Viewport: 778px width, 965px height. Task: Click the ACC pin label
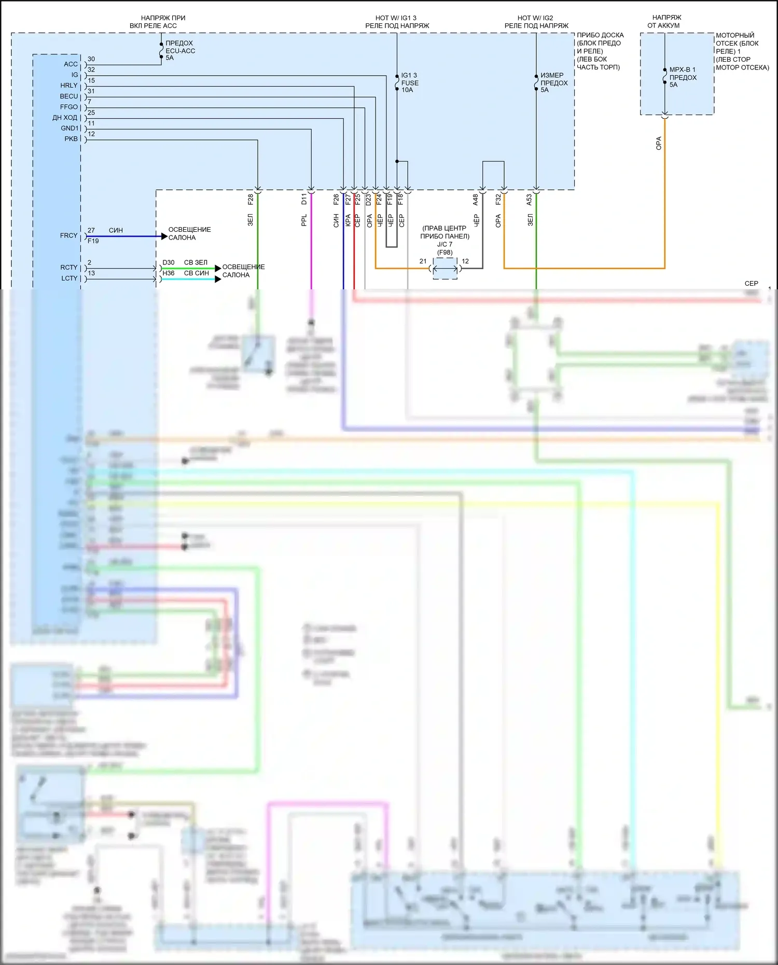pyautogui.click(x=71, y=64)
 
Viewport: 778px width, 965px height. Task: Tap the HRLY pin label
pyautogui.click(x=68, y=86)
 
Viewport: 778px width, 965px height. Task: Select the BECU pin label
pyautogui.click(x=68, y=96)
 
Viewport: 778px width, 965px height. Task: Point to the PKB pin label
pyautogui.click(x=71, y=139)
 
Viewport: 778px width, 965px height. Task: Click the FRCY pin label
pyautogui.click(x=68, y=235)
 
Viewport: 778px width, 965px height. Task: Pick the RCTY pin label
pyautogui.click(x=68, y=268)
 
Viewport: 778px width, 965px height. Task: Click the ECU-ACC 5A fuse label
pyautogui.click(x=180, y=50)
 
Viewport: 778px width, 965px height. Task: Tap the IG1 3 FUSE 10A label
pyautogui.click(x=409, y=82)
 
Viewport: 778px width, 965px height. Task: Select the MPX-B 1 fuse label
pyautogui.click(x=683, y=77)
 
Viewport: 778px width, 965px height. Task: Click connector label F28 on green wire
pyautogui.click(x=251, y=199)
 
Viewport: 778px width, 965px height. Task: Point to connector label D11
pyautogui.click(x=304, y=199)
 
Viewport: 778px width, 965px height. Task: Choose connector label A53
pyautogui.click(x=529, y=200)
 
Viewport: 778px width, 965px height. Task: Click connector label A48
pyautogui.click(x=475, y=200)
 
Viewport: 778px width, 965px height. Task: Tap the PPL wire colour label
pyautogui.click(x=304, y=220)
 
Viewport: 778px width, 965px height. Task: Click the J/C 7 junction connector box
pyautogui.click(x=445, y=269)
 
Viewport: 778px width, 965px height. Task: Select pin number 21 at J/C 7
pyautogui.click(x=423, y=261)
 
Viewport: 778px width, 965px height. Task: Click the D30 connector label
pyautogui.click(x=169, y=263)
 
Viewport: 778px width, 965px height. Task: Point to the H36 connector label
pyautogui.click(x=169, y=273)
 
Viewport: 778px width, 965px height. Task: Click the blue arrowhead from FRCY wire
pyautogui.click(x=164, y=236)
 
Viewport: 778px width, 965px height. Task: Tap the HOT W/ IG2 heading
pyautogui.click(x=535, y=18)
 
